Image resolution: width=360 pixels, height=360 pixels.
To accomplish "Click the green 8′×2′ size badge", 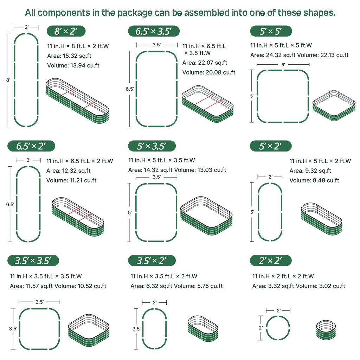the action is pos(66,31).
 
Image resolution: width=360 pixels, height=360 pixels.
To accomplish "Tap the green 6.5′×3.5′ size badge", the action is pos(154,31).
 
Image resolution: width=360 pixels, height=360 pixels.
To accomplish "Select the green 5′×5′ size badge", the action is pos(271,31).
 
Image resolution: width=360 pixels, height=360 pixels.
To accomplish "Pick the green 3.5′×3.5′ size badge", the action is pos(33,261).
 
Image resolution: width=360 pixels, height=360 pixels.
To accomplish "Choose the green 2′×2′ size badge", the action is pos(271,261).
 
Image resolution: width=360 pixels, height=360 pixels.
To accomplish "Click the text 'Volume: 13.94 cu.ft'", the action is pos(73,65).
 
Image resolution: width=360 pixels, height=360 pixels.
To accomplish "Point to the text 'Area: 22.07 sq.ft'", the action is pos(205,63).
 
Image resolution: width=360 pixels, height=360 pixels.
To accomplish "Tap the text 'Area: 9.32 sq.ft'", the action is pos(310,171).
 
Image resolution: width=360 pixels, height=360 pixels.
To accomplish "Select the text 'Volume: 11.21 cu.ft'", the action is pos(71,180).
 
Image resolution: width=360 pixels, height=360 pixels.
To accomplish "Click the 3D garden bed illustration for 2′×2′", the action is pos(326,330).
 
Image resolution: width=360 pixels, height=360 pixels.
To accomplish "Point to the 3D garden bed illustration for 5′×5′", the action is pos(334,105).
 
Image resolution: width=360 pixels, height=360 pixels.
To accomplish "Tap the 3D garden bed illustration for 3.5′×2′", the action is pos(203,329).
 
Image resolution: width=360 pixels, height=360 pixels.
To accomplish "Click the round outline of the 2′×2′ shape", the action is pos(278,316).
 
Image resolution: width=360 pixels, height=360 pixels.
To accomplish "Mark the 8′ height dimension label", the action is pos(8,80).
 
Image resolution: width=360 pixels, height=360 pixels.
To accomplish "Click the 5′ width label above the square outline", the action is pos(283,65).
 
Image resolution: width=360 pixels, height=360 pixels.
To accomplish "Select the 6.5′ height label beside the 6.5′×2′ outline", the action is pos(10,204).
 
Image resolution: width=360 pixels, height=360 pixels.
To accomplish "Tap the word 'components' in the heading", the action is pos(64,13).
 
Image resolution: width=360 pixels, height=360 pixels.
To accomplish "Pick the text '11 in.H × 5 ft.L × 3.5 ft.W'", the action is pos(162,160).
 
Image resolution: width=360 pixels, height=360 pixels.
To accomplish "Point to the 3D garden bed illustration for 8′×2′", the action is pos(77,101).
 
